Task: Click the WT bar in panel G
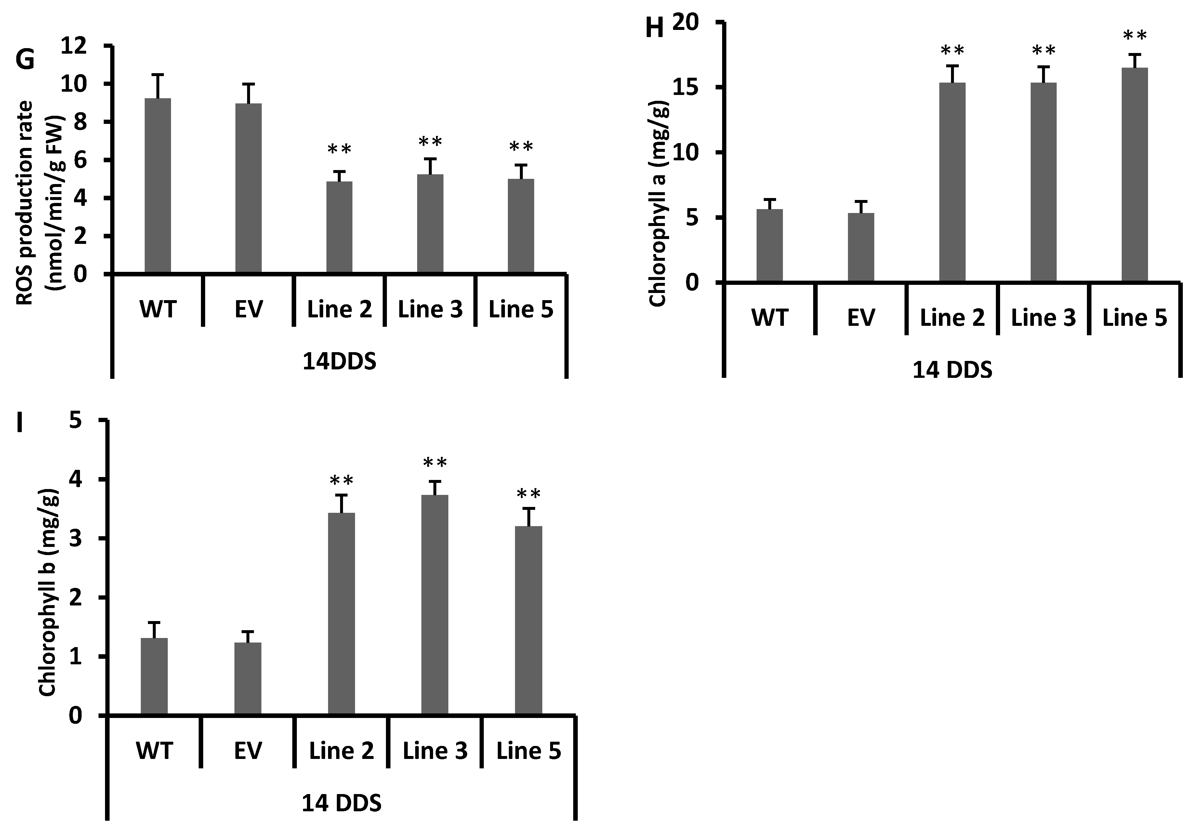coord(158,186)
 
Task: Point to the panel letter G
coord(25,59)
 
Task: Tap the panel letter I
coord(20,422)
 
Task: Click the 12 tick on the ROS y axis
coord(75,46)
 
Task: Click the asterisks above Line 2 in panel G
coord(339,150)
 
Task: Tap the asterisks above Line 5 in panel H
coord(1134,35)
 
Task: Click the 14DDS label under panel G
coord(339,362)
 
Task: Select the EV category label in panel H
coord(861,318)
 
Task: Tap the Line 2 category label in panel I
coord(341,751)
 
